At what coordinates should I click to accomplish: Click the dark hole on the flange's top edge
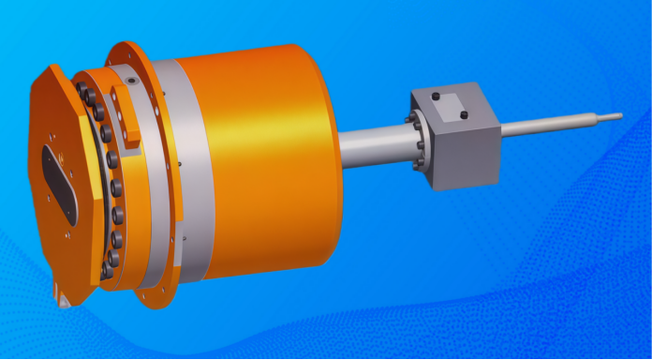point(133,82)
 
